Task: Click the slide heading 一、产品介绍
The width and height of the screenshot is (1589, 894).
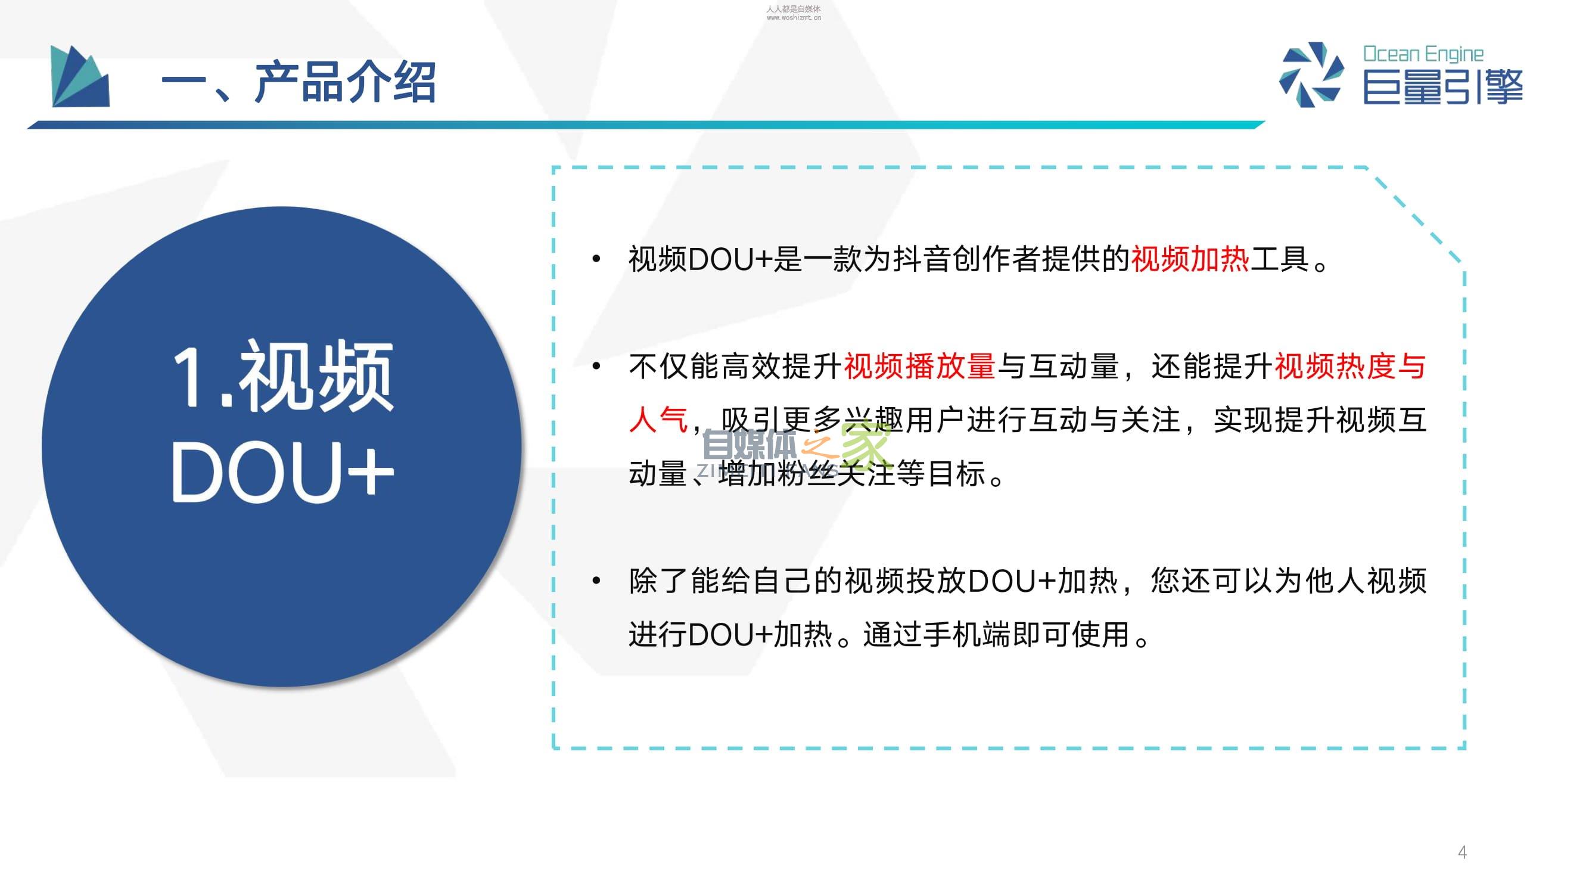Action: (298, 82)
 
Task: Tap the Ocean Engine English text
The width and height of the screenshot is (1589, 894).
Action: (1423, 54)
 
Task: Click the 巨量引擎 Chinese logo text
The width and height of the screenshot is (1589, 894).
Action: (1443, 87)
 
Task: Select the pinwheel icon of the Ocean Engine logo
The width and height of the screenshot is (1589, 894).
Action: (1311, 74)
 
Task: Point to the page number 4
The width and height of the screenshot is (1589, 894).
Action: (1462, 852)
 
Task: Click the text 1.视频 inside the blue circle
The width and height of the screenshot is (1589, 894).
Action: (282, 375)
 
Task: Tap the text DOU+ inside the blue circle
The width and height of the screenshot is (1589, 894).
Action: (282, 472)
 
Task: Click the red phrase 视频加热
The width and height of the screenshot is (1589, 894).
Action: (1190, 259)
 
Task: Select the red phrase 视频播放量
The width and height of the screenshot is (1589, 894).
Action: (919, 366)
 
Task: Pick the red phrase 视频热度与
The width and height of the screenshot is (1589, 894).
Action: (1350, 366)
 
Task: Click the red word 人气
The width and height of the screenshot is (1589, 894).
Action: (658, 420)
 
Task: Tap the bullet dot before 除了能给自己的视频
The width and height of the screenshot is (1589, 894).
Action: (596, 580)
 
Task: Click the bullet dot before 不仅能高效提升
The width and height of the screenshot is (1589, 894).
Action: (596, 366)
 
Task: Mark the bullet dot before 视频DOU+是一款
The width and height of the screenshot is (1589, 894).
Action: (596, 259)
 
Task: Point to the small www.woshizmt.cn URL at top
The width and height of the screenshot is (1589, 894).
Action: (793, 18)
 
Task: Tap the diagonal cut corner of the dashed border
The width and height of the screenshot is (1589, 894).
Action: (1416, 215)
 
